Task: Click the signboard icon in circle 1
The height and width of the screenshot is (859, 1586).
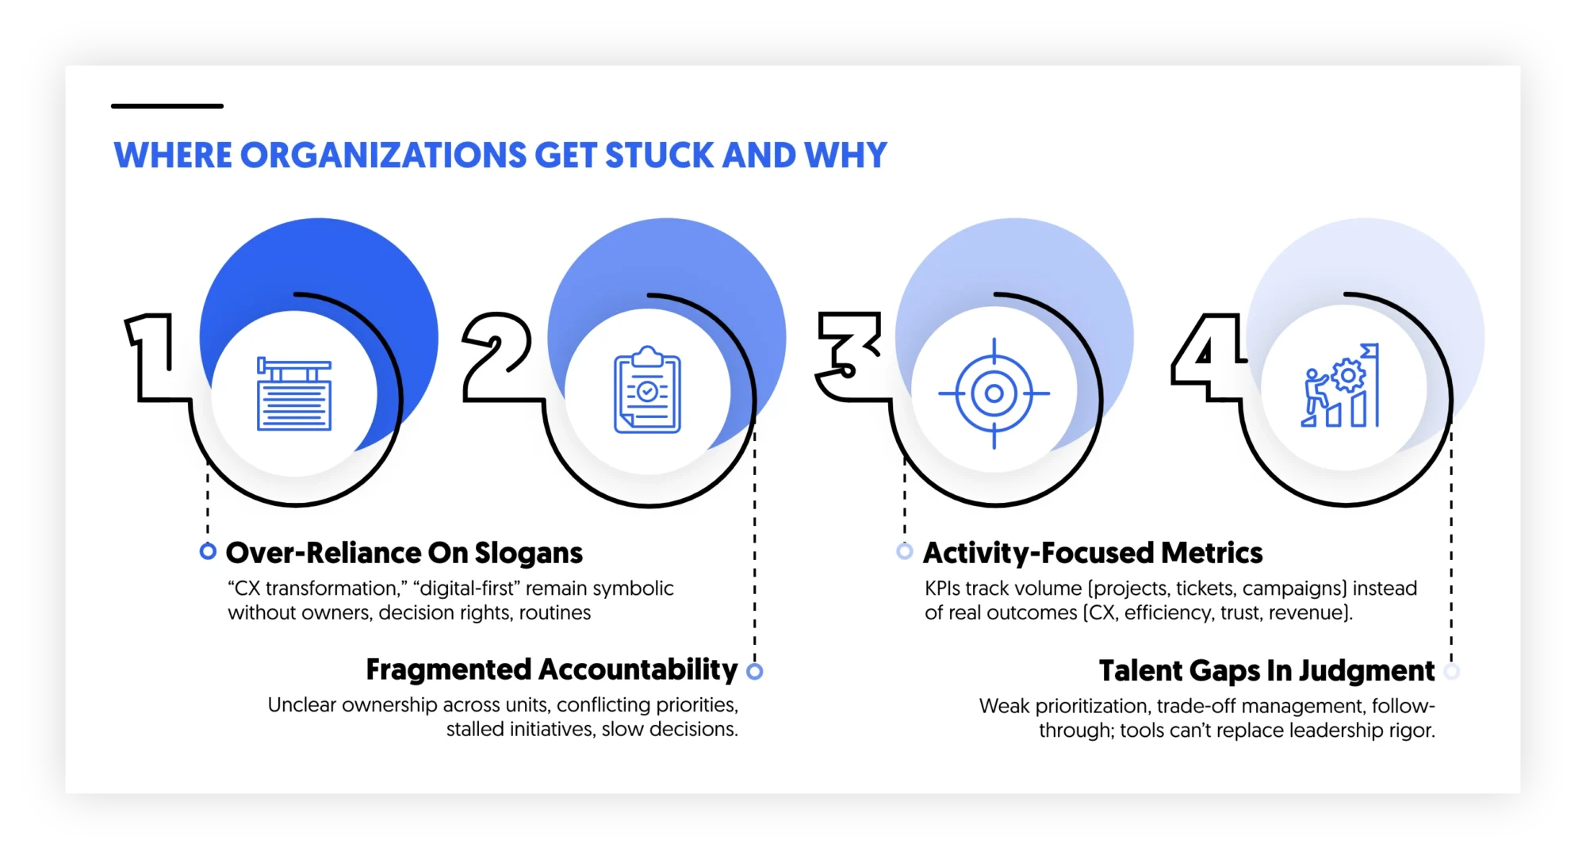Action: pos(294,394)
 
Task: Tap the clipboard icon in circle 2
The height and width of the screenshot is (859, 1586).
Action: pos(647,390)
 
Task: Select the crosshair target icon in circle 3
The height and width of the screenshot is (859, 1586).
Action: pos(994,393)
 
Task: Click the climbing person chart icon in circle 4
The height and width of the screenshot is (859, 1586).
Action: pos(1340,386)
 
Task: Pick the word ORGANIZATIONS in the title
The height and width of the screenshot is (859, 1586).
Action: pos(383,155)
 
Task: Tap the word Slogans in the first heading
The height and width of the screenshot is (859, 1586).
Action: pos(529,553)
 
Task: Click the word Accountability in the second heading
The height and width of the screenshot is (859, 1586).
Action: pos(638,670)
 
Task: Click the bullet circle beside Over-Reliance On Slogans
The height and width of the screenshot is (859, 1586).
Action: pos(208,551)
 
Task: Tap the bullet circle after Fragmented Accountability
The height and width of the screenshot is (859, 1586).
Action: pos(755,672)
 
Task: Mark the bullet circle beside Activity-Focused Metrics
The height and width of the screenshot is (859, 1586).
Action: pos(904,551)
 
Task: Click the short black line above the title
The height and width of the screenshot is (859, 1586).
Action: pos(167,105)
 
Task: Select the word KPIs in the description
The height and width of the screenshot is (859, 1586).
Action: pos(942,589)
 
